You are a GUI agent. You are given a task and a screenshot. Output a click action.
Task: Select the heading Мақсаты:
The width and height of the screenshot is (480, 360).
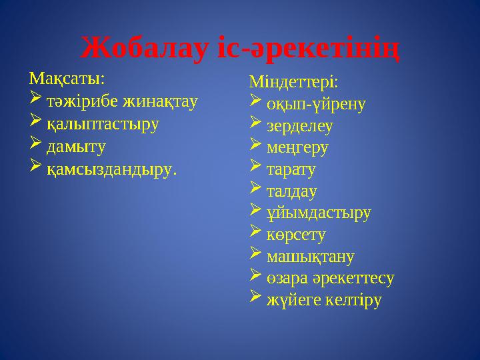coord(66,79)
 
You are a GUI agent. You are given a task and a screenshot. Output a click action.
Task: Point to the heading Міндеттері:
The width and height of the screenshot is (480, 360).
coord(293,83)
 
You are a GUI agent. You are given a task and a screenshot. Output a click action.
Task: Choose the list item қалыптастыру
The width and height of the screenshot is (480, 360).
coord(103,124)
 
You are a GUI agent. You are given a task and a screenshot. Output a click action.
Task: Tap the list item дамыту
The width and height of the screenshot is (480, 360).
coord(76,146)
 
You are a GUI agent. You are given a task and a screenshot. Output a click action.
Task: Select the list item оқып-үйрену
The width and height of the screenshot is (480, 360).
coord(316,104)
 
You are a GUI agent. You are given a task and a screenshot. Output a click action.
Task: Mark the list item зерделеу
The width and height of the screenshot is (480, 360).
coord(299,125)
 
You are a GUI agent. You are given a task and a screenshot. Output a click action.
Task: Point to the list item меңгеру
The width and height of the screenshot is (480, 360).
coord(297,147)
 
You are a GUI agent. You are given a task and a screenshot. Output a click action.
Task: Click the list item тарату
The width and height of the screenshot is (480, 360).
coord(291,169)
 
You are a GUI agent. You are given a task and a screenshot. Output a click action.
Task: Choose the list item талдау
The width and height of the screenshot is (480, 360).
coord(291,191)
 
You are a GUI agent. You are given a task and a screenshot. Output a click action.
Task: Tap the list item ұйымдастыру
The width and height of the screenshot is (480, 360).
coord(319,213)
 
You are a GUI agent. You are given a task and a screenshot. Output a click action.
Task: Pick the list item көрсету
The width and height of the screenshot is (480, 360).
coord(296,235)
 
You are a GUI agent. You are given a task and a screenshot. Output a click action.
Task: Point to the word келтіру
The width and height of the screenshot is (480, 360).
coord(352,301)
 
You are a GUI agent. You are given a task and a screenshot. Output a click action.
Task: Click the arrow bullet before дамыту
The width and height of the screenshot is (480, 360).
coord(36,145)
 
